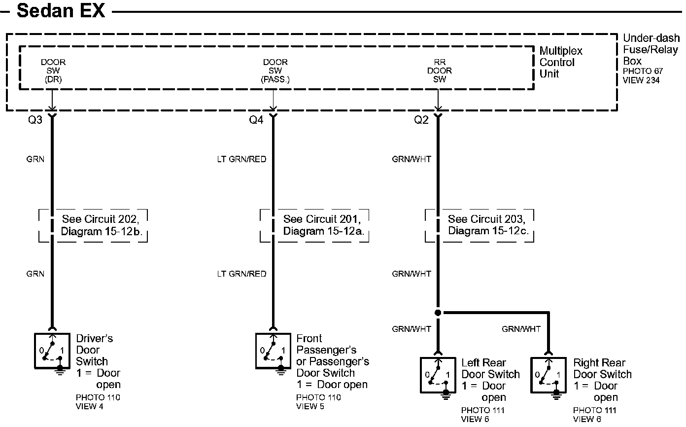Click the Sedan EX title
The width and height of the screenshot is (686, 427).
click(61, 10)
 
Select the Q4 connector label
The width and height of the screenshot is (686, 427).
click(256, 120)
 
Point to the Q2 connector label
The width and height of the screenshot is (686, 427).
click(421, 120)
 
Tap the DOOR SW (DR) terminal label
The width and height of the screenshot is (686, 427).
click(53, 71)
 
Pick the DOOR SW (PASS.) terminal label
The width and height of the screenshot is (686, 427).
click(275, 71)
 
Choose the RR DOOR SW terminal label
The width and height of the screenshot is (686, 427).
click(440, 71)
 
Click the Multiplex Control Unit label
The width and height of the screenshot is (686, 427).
click(561, 63)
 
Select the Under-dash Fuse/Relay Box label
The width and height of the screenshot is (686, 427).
click(651, 49)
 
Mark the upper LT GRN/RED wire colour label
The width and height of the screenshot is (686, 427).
click(241, 159)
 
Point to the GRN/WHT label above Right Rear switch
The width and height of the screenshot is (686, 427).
click(521, 329)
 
